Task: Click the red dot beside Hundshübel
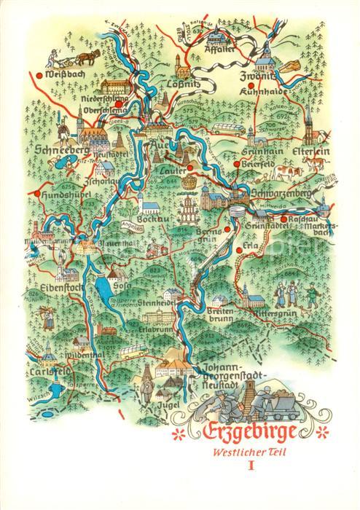pos(34,192)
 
